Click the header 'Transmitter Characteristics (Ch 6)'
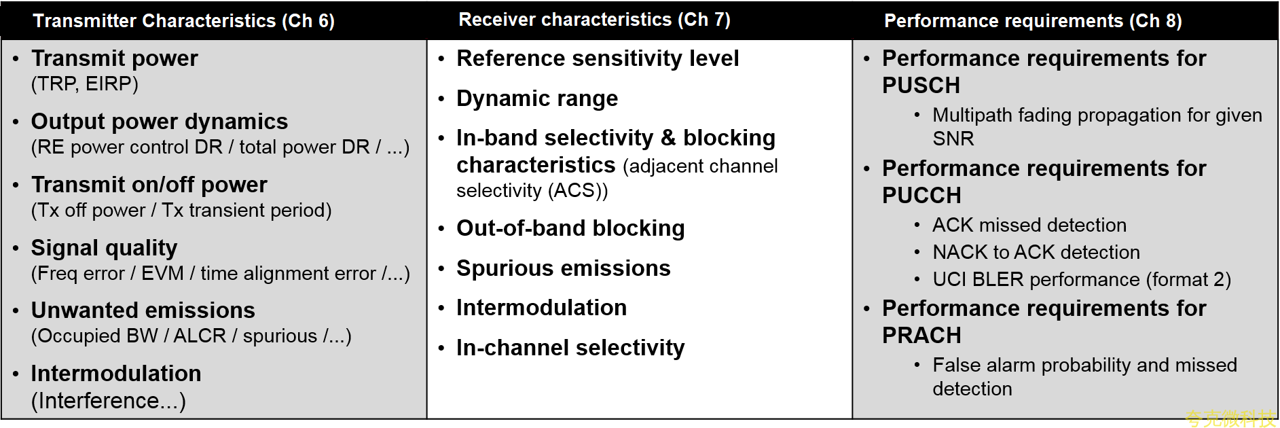click(184, 21)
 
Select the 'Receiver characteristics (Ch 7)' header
click(595, 20)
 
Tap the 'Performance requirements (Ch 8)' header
click(1033, 21)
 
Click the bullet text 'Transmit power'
click(115, 58)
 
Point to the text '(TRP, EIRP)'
click(85, 84)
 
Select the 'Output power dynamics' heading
click(160, 122)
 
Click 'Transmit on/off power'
click(149, 185)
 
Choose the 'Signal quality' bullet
click(105, 248)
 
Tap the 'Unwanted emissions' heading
click(143, 310)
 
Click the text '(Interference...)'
click(109, 401)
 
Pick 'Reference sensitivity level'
click(598, 58)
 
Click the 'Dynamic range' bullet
click(537, 99)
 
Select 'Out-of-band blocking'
click(570, 228)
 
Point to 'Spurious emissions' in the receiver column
click(564, 268)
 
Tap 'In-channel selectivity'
click(570, 348)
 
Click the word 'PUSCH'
click(921, 86)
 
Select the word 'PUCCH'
click(921, 196)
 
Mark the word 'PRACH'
click(921, 336)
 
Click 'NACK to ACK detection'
click(1036, 252)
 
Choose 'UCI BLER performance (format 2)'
click(1082, 279)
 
